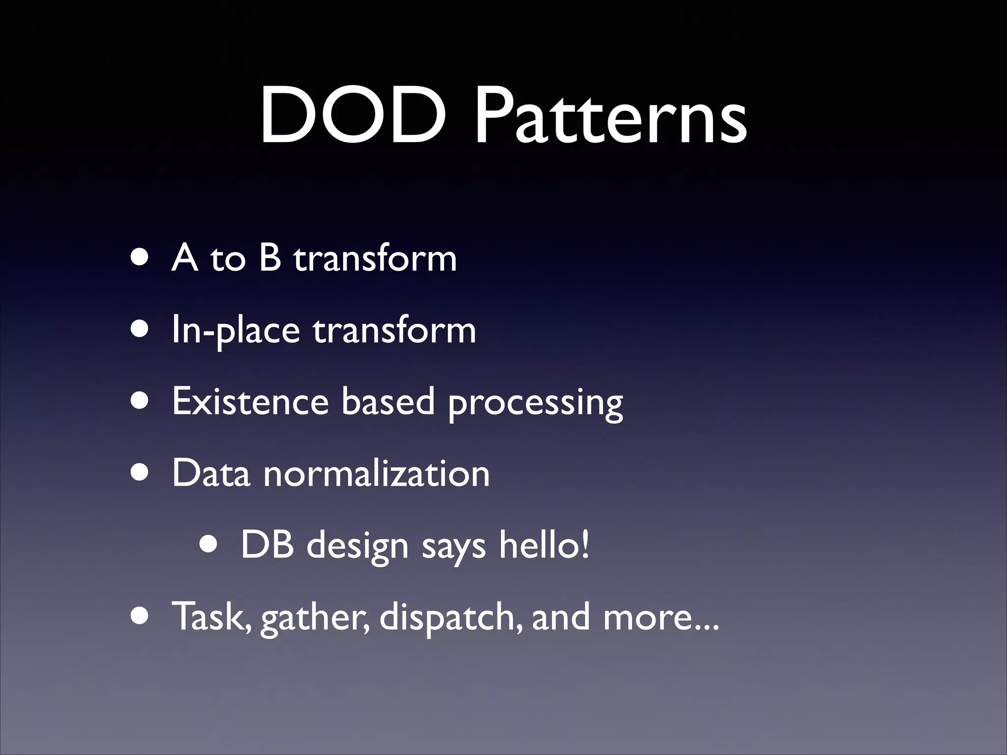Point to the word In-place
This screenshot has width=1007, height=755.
[x=236, y=330]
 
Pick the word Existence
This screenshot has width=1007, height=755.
[x=250, y=401]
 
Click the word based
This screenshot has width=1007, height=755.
[x=388, y=401]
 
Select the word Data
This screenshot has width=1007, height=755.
[x=211, y=473]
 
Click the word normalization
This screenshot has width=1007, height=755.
[x=377, y=473]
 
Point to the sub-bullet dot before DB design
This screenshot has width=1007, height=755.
[x=210, y=545]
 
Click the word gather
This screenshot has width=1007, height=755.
[x=315, y=617]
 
